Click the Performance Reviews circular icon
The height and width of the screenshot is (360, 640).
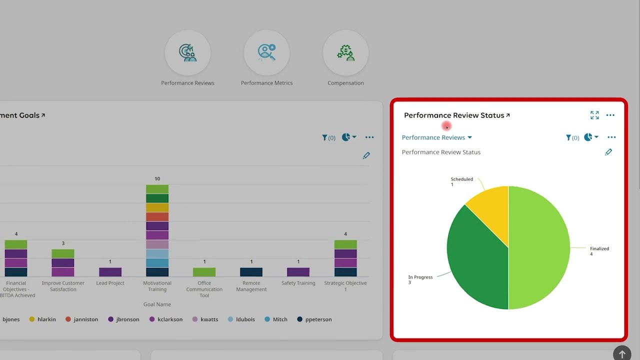tap(187, 53)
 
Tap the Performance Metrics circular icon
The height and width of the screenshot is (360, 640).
tap(266, 53)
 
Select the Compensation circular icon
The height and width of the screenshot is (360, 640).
tap(345, 53)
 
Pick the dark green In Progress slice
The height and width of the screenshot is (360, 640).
tap(475, 260)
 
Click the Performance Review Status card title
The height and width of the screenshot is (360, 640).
tap(454, 115)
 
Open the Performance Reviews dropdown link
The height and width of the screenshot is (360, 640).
tap(436, 137)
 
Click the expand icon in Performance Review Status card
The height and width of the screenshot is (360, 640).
tap(594, 115)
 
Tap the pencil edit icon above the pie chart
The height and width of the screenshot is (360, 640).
tap(608, 152)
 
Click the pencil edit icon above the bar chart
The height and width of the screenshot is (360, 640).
tap(366, 155)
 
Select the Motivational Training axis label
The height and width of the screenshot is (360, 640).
tap(157, 286)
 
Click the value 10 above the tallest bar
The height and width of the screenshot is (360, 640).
tap(157, 178)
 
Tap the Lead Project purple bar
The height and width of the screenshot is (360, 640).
tap(110, 272)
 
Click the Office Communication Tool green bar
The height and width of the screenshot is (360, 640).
tap(204, 272)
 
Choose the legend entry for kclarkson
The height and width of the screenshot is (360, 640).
tap(166, 319)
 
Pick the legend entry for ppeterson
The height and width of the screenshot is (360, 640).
tap(314, 319)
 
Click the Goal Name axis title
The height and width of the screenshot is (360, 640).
tap(157, 304)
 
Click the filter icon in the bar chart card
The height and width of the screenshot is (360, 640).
tap(325, 137)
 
